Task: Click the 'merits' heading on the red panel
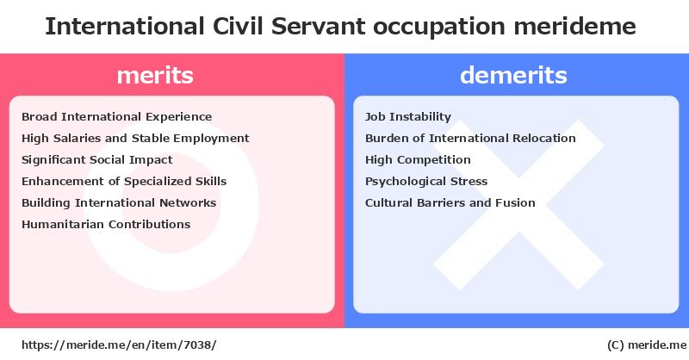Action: point(155,75)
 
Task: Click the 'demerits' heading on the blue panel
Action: point(513,75)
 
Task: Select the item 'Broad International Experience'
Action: point(117,117)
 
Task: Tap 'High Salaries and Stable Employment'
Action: point(135,139)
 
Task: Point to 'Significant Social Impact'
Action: point(97,160)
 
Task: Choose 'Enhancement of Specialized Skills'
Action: point(124,182)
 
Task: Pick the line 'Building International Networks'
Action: point(119,203)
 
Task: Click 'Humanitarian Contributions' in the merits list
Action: point(106,225)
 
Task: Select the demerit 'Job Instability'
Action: point(408,117)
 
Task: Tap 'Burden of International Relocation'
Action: point(470,139)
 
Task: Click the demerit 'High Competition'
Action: point(418,160)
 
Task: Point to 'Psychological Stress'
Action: point(426,182)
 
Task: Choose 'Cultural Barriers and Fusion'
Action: point(450,203)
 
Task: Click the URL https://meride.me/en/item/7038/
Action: point(119,345)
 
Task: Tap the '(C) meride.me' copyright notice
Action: point(647,345)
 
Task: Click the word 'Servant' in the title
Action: point(318,27)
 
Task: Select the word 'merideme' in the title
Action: point(574,27)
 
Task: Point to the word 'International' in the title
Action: point(125,27)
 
